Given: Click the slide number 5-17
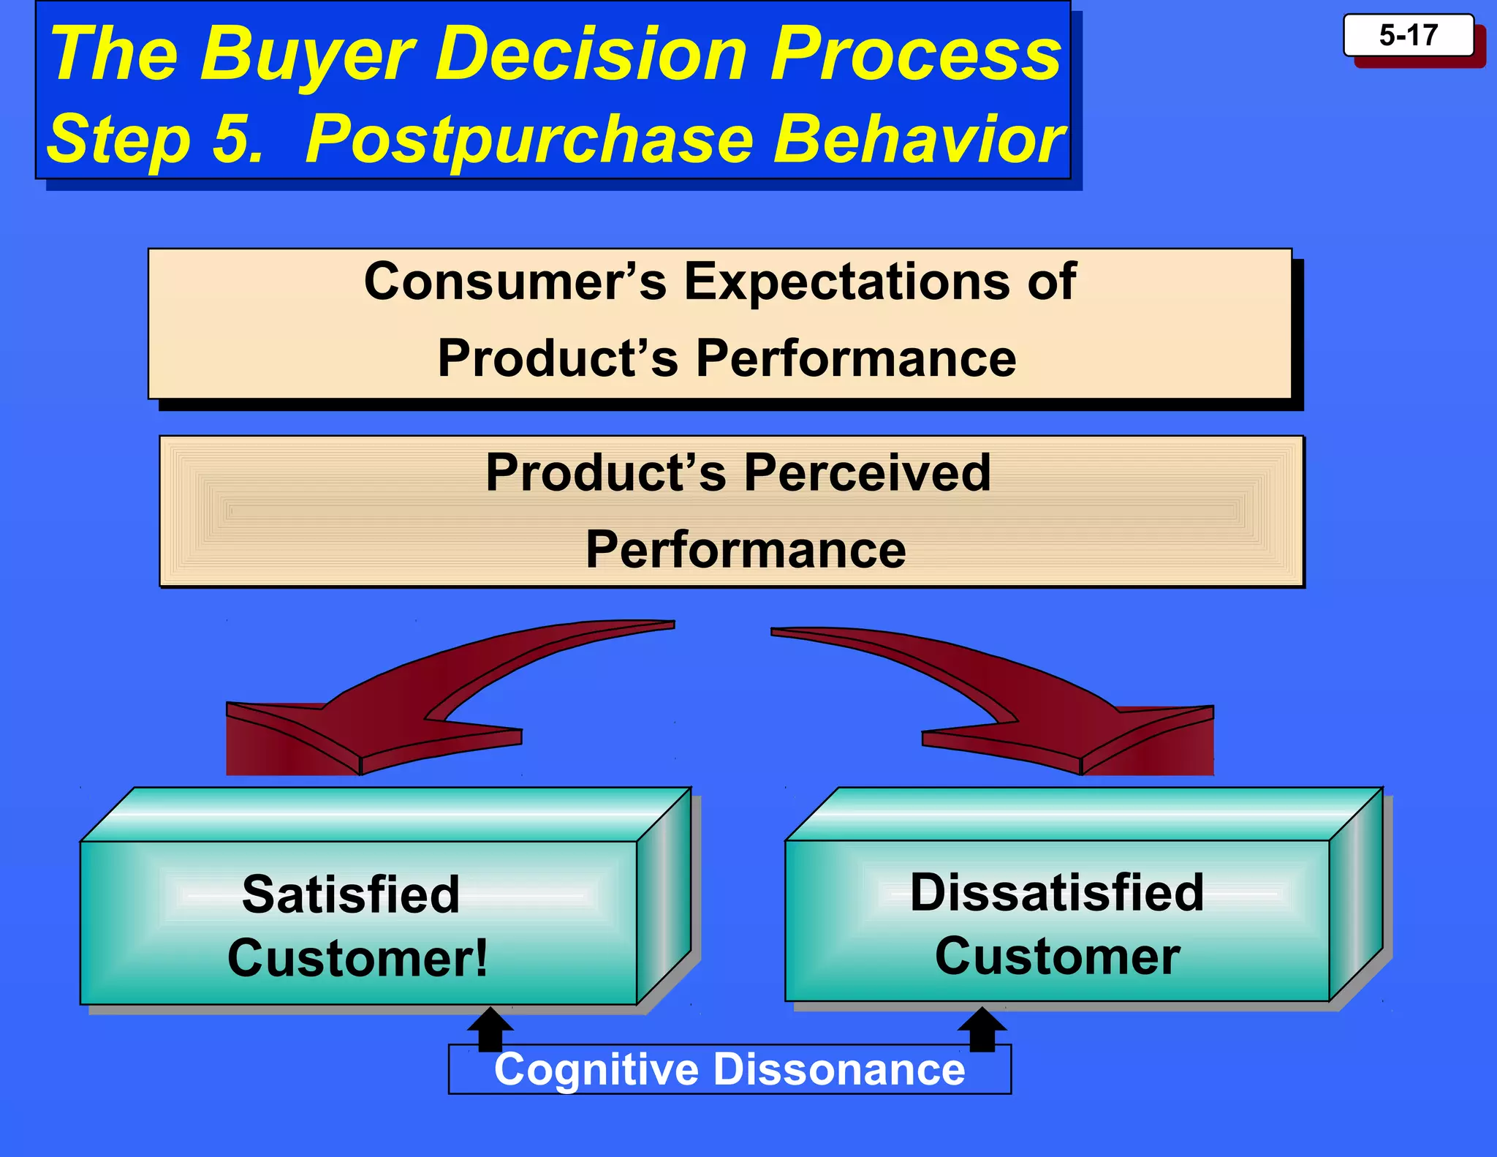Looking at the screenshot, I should coord(1408,35).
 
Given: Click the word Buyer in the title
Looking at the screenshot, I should coord(307,54).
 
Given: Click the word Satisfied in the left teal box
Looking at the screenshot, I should coord(351,894).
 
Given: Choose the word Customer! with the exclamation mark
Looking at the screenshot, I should coord(357,958).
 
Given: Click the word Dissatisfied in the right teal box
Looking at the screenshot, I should coord(1057,892).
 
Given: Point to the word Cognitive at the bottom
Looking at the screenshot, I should coord(596,1069).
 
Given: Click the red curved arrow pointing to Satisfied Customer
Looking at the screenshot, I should coord(409,702).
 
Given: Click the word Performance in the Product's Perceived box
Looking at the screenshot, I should coord(746,550).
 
